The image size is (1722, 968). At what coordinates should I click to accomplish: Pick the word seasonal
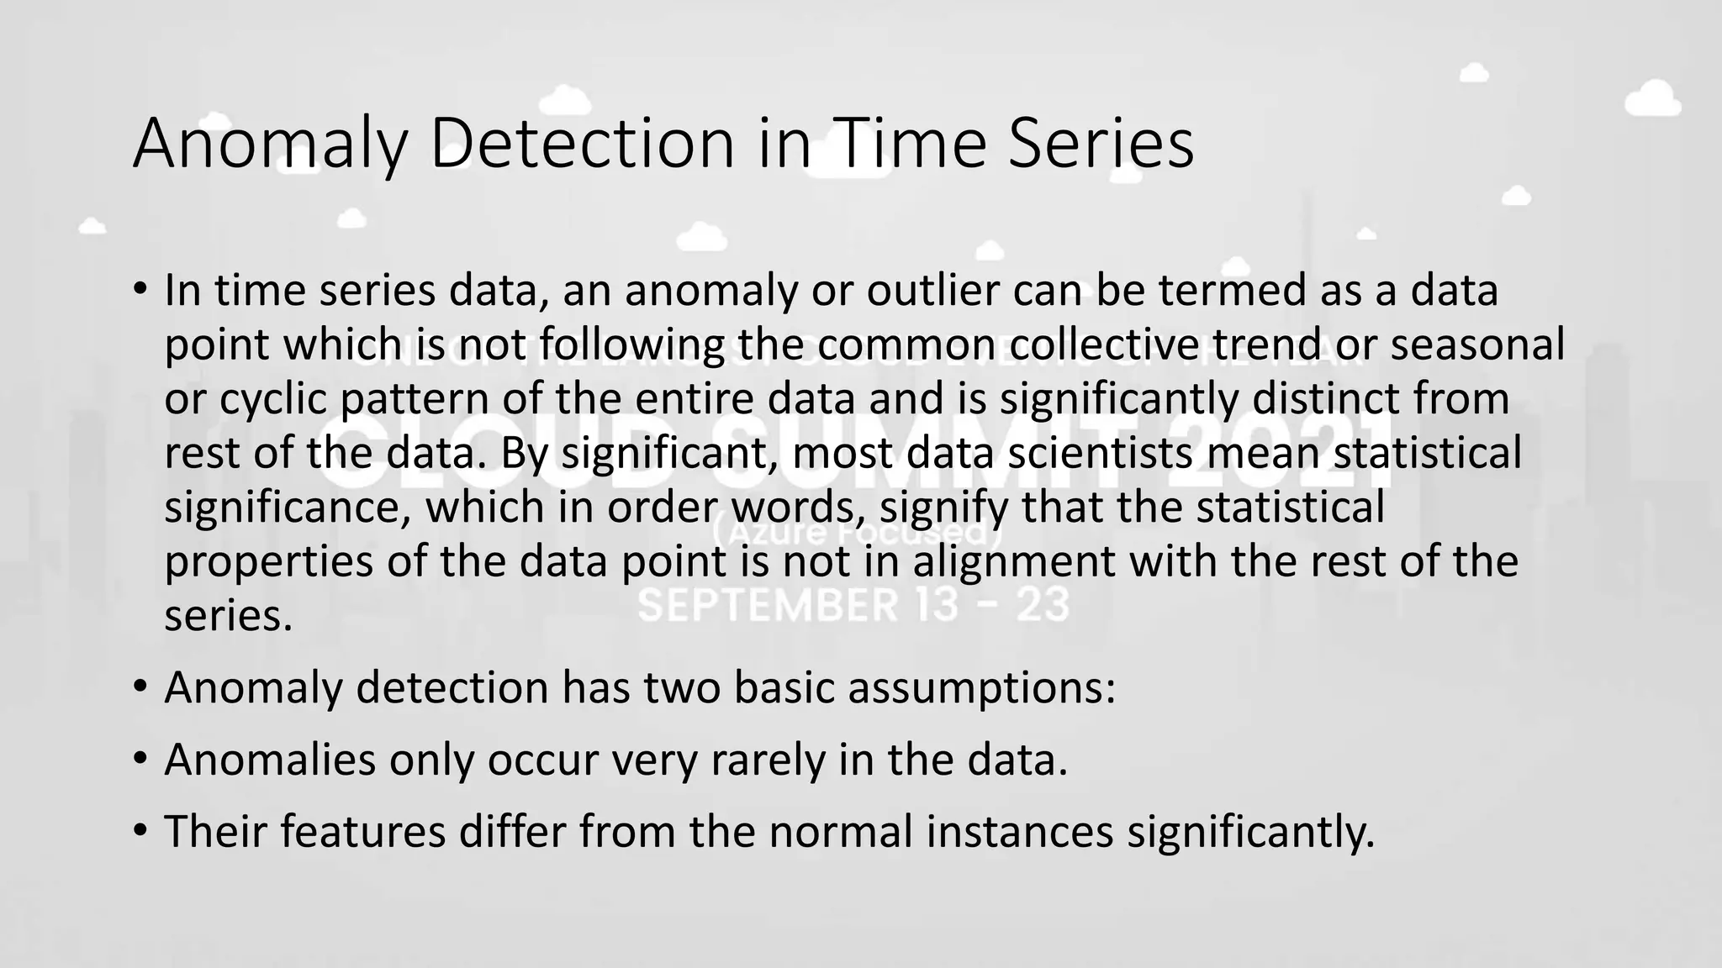tap(1477, 345)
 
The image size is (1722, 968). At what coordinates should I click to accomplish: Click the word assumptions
tap(981, 687)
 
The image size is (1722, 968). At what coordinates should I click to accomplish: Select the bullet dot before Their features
tap(140, 831)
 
